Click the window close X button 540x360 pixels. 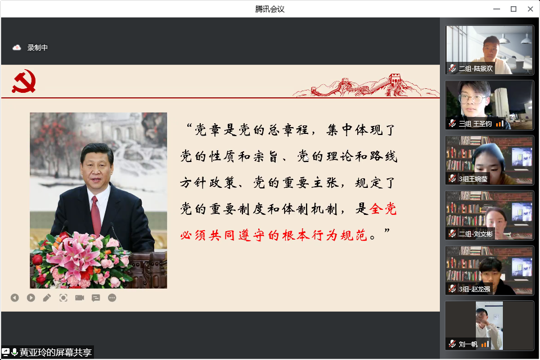pos(530,9)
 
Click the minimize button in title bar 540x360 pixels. pos(497,9)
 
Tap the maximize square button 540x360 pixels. pos(514,9)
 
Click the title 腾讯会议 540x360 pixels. pos(269,9)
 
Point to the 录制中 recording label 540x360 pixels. pos(38,48)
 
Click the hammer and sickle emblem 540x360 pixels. pos(24,82)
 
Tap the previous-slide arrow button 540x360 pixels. pos(15,298)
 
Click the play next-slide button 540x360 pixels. pos(31,298)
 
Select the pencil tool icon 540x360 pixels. pos(47,298)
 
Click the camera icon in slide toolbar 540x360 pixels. pos(79,298)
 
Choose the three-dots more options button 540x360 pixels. pos(112,298)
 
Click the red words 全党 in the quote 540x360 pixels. pos(383,209)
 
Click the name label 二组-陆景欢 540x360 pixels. pos(476,69)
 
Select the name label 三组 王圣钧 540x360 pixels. pos(475,124)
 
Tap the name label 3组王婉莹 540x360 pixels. pos(473,179)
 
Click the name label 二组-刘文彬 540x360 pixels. pos(476,234)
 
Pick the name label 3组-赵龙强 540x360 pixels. pos(474,289)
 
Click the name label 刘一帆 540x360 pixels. pos(468,344)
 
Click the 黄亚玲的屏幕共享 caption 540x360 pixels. pos(56,352)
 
